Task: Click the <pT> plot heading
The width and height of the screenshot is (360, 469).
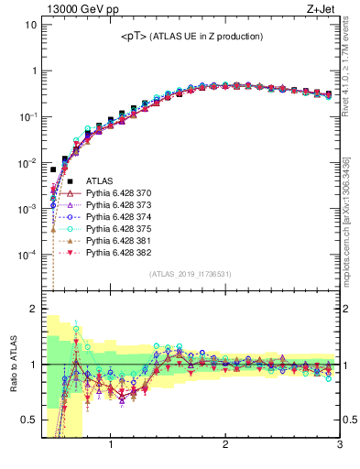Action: pos(192,37)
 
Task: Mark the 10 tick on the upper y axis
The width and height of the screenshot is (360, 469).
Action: pos(31,25)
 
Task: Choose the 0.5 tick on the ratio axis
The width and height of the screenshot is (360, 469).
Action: pos(30,420)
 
